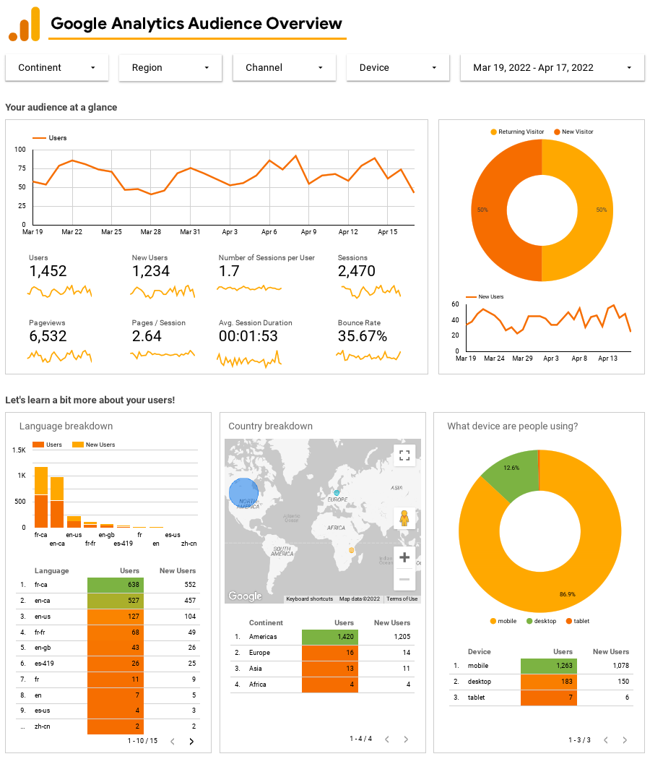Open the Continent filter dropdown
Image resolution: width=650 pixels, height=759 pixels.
[57, 67]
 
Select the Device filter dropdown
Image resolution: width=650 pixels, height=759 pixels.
[398, 67]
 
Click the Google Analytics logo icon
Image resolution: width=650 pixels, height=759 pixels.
[24, 25]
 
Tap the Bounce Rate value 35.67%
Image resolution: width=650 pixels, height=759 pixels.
[362, 336]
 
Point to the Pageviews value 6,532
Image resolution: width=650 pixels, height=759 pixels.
[48, 336]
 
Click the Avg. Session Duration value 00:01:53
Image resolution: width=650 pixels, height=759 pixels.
[248, 336]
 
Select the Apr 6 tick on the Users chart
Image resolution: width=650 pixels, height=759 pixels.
[269, 232]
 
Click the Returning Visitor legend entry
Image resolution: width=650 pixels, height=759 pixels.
[516, 132]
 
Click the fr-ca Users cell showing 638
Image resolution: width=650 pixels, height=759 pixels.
[115, 585]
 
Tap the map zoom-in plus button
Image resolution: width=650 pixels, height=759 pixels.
[404, 557]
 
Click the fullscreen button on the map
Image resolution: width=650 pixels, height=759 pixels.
[404, 455]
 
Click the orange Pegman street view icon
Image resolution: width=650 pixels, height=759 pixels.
[404, 518]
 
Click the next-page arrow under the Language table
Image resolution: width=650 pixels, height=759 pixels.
[191, 741]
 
